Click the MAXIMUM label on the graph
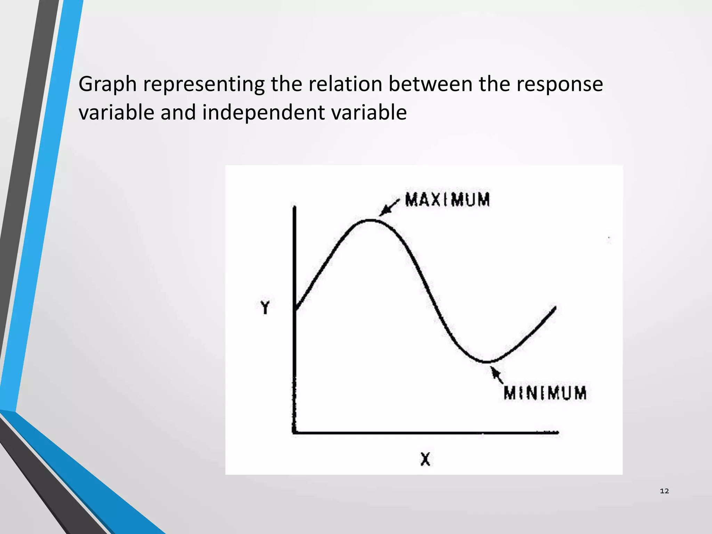point(447,200)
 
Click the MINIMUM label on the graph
point(545,393)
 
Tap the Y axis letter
point(265,307)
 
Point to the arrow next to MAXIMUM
point(389,208)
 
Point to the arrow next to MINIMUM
point(497,375)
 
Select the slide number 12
point(664,491)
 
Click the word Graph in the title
point(107,84)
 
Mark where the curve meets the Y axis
point(295,309)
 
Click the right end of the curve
point(555,308)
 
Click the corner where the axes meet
point(295,432)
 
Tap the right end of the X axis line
point(557,432)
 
